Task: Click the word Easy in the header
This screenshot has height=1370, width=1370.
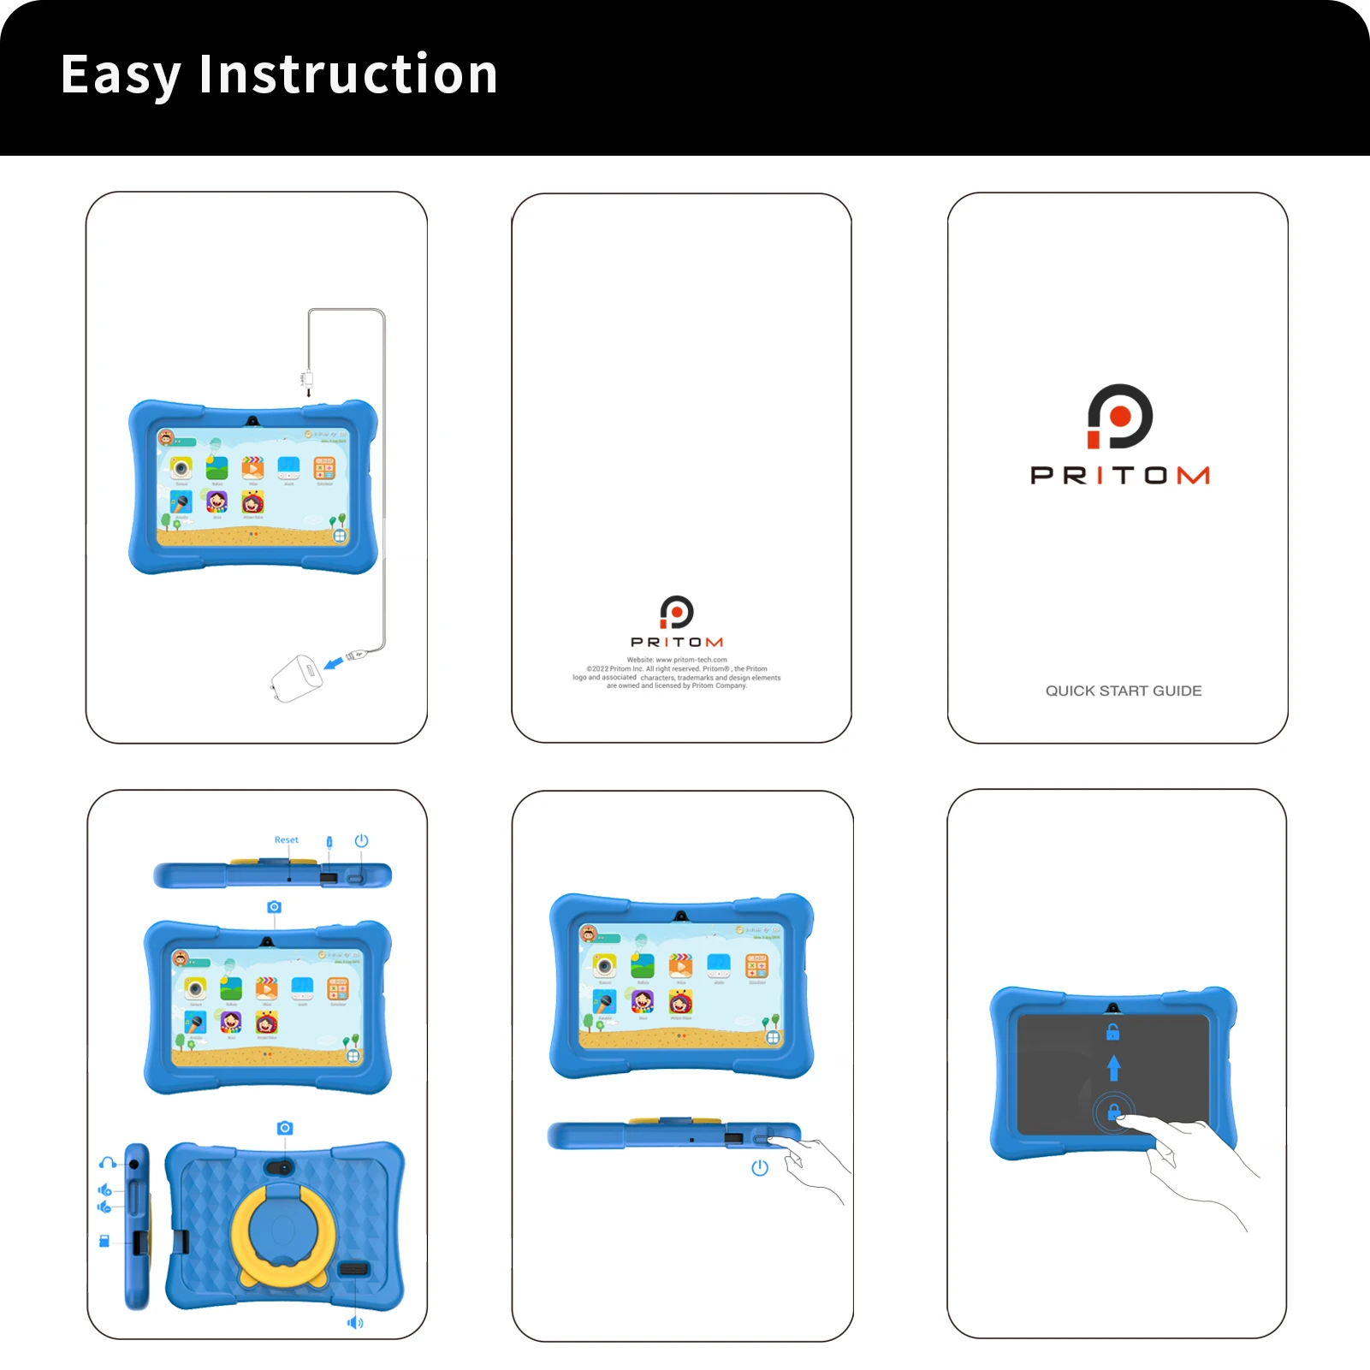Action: [x=121, y=75]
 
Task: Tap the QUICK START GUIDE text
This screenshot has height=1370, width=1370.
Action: [x=1123, y=691]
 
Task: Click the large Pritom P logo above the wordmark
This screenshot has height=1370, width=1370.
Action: [x=1119, y=417]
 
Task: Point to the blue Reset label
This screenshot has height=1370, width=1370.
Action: [x=286, y=839]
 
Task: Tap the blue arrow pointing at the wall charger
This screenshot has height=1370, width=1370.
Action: [x=334, y=662]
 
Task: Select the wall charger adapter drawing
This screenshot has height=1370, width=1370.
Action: [x=296, y=678]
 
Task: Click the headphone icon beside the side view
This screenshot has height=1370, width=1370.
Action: [x=107, y=1162]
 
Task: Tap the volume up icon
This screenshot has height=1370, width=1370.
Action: [x=104, y=1189]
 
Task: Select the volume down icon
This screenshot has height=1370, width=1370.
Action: [x=104, y=1207]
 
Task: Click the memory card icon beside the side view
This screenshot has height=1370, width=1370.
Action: [x=104, y=1241]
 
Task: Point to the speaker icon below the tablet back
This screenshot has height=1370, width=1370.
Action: [x=355, y=1322]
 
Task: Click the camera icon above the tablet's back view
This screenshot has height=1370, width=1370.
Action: [x=285, y=1128]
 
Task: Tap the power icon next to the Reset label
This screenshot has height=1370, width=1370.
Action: [x=361, y=840]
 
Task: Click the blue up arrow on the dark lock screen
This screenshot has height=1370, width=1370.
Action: [x=1113, y=1067]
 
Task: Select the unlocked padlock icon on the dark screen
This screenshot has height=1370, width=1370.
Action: [x=1112, y=1032]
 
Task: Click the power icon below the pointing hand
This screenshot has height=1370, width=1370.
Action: [x=759, y=1167]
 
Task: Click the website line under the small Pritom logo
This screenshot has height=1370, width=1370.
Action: [x=676, y=660]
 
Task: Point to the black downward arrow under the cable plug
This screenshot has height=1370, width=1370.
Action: [x=308, y=392]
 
